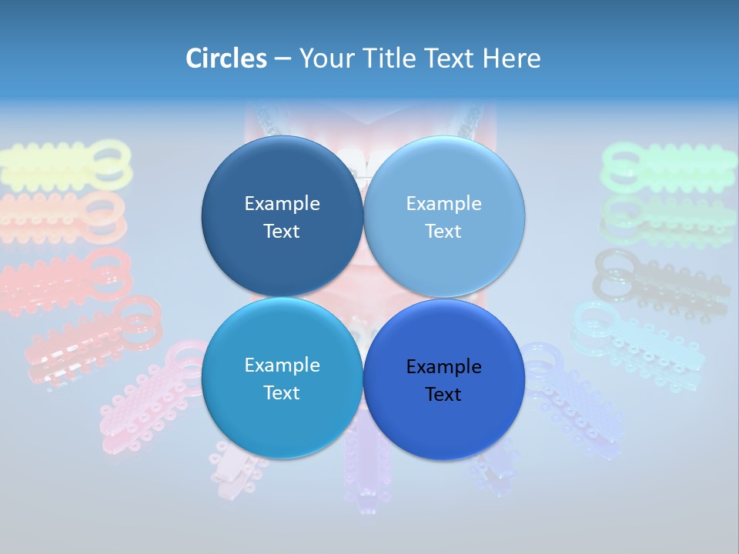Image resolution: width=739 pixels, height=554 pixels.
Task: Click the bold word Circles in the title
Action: point(226,58)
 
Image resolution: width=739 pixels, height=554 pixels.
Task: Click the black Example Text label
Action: point(443,380)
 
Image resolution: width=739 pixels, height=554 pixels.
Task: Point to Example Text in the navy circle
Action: point(282,217)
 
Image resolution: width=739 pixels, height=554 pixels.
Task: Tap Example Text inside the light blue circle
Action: point(443,217)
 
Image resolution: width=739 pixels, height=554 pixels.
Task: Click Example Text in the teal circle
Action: point(282,379)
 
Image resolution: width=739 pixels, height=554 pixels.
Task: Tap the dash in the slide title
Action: point(283,58)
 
